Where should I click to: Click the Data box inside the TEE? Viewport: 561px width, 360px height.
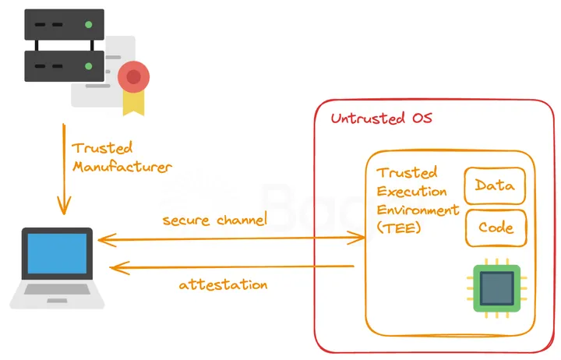click(x=494, y=185)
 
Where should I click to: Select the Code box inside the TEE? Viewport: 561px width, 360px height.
click(x=496, y=228)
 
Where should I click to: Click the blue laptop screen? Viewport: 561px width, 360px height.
click(x=57, y=253)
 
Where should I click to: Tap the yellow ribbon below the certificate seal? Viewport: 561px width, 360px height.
click(x=133, y=102)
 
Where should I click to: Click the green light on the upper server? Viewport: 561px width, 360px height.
click(x=89, y=25)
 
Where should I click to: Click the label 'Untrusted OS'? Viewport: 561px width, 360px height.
click(x=381, y=119)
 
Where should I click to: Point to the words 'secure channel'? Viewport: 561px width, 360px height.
click(x=214, y=220)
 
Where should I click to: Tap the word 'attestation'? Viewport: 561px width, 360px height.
click(x=223, y=284)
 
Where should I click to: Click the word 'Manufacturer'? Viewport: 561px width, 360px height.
click(x=122, y=166)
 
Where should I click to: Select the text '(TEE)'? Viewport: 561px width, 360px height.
click(x=398, y=228)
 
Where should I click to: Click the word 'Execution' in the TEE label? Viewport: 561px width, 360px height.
click(x=411, y=191)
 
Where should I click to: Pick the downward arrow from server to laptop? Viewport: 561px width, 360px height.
click(x=63, y=168)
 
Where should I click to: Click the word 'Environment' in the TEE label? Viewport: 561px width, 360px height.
click(x=418, y=210)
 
